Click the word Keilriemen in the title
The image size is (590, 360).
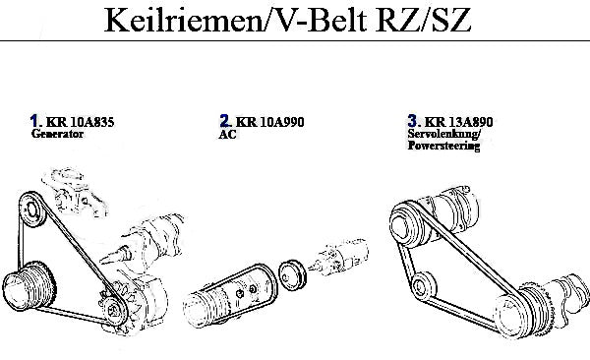pyautogui.click(x=184, y=20)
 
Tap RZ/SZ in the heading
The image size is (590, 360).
pyautogui.click(x=423, y=20)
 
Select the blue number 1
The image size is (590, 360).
pyautogui.click(x=34, y=121)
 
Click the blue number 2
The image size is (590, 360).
pyautogui.click(x=224, y=121)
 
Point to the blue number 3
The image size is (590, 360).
pyautogui.click(x=412, y=121)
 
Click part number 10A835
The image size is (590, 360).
pyautogui.click(x=92, y=122)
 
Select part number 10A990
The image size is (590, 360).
pyautogui.click(x=282, y=122)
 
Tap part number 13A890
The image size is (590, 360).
pyautogui.click(x=471, y=122)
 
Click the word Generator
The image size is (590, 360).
pyautogui.click(x=57, y=134)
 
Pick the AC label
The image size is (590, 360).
pyautogui.click(x=228, y=135)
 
